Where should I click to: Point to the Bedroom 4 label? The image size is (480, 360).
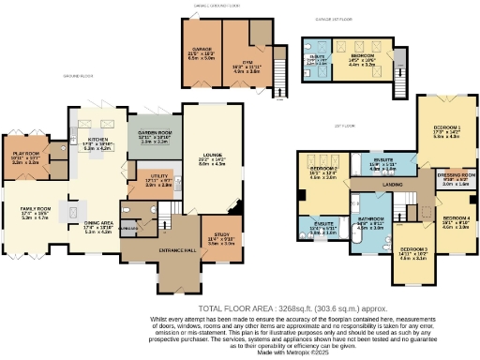pos(456,218)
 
